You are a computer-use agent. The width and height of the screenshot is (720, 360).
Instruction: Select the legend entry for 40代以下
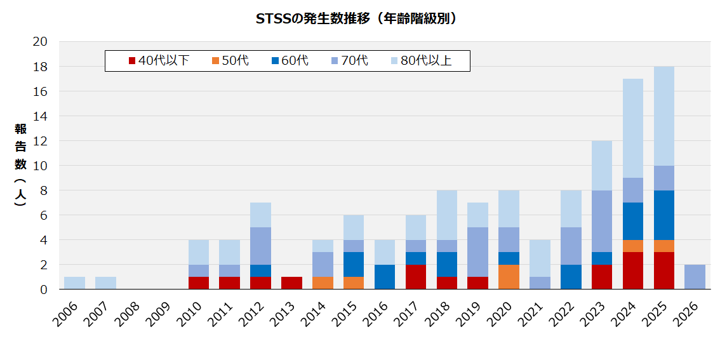click(159, 61)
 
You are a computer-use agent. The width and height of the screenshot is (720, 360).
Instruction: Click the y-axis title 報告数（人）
click(21, 165)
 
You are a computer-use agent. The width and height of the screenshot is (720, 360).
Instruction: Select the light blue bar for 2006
click(74, 283)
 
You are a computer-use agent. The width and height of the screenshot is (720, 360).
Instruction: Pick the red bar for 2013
click(291, 283)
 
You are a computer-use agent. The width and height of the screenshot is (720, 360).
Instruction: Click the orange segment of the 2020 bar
click(509, 277)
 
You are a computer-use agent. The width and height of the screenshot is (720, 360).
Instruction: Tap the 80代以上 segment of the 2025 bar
click(664, 116)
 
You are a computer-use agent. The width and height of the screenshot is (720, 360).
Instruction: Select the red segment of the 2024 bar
click(633, 270)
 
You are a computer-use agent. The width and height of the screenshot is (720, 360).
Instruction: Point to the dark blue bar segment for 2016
click(385, 277)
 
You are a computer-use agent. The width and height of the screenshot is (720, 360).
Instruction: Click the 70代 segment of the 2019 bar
click(477, 252)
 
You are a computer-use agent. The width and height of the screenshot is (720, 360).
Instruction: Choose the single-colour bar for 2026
click(695, 277)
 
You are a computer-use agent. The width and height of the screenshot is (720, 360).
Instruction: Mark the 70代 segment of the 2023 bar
click(602, 221)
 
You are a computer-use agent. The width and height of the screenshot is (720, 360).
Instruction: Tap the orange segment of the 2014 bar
click(323, 283)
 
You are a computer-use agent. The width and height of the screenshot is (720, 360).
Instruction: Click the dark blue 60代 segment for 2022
click(571, 277)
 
